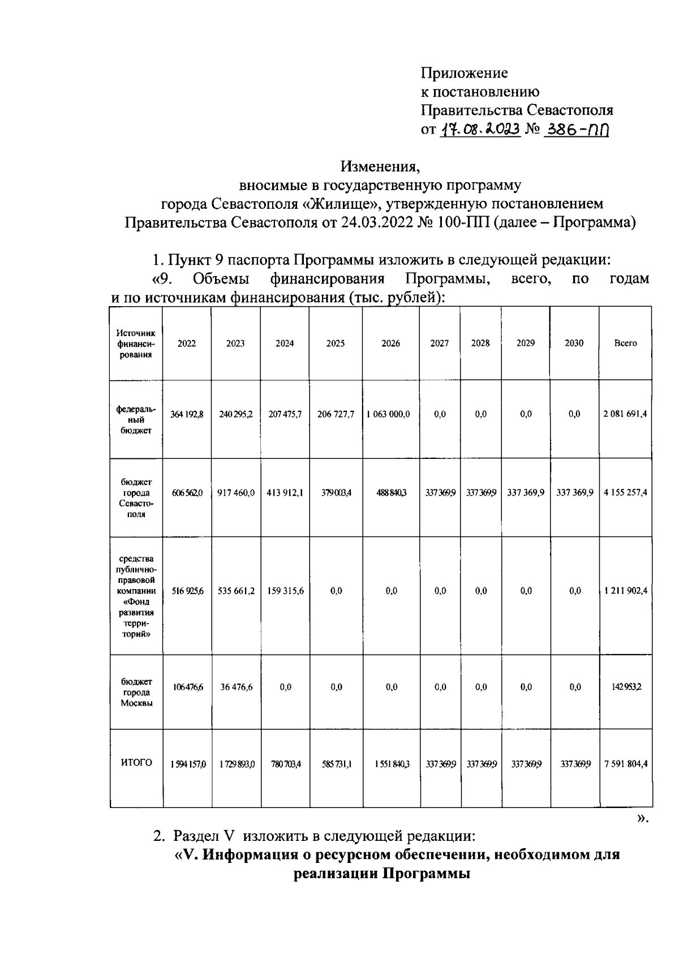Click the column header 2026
point(390,343)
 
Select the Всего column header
point(625,343)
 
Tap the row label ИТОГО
point(136,763)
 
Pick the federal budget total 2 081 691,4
point(625,414)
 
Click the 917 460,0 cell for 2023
point(236,493)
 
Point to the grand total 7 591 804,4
point(625,764)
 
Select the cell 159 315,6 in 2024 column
point(285,591)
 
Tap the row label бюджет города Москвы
point(136,693)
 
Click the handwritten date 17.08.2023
point(480,130)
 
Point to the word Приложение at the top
point(464,73)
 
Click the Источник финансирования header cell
point(136,343)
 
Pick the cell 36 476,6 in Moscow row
point(236,687)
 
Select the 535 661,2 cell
point(236,591)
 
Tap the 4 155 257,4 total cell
point(625,493)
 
